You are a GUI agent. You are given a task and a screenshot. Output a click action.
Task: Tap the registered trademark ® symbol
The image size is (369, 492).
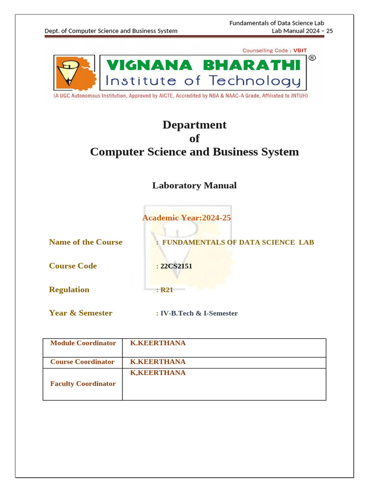pos(312,58)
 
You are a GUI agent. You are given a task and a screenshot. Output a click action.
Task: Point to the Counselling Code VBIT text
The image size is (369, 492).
pos(273,50)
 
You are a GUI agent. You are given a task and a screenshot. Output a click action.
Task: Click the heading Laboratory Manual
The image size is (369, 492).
pos(194,185)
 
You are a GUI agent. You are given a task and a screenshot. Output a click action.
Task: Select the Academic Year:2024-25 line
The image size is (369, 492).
pos(186,218)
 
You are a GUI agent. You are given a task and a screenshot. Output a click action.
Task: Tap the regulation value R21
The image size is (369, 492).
pos(166,290)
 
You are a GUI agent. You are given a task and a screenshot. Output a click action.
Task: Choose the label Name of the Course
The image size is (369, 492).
pos(86,242)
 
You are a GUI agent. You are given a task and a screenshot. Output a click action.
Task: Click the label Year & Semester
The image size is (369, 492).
pos(81,313)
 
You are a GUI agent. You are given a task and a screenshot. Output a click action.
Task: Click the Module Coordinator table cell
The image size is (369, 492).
pos(83,343)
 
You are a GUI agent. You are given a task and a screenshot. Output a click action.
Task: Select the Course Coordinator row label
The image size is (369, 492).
pos(82,362)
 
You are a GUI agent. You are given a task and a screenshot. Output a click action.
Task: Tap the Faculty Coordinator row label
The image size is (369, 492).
pos(83,383)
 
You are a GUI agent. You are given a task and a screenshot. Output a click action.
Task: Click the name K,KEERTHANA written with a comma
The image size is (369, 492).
pos(158,373)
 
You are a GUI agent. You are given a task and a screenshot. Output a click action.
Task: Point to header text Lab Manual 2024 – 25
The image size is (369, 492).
pos(302,31)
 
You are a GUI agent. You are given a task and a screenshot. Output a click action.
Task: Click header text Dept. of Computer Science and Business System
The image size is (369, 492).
pos(111,31)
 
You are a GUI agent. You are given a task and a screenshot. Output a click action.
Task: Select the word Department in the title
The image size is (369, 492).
pos(194,125)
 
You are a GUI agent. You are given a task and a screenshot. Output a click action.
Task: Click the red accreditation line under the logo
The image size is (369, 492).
pos(180,96)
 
